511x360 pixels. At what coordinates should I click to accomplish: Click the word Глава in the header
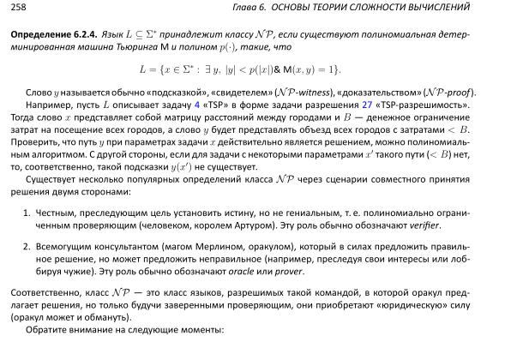(315, 9)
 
